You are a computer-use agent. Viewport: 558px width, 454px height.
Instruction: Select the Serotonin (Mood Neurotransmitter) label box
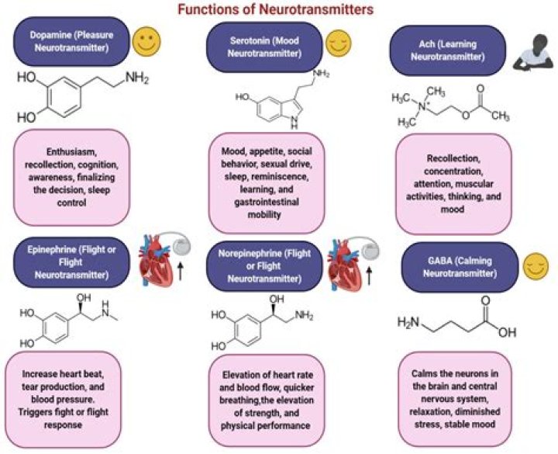[263, 46]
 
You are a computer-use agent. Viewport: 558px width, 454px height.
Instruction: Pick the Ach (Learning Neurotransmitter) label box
[448, 46]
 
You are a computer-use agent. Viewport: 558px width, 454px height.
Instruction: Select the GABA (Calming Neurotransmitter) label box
[449, 267]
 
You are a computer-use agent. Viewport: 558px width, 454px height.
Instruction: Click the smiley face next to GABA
[532, 268]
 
